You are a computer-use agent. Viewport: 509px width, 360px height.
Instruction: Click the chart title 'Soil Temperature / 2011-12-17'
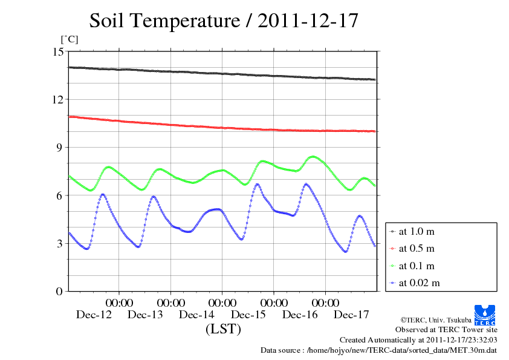[224, 21]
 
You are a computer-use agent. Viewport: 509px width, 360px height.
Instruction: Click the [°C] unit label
[70, 39]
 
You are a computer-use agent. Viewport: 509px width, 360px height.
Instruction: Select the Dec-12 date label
[94, 315]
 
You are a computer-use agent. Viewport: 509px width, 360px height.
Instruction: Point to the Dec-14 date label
[196, 315]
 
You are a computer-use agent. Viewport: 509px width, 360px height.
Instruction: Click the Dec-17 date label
[351, 315]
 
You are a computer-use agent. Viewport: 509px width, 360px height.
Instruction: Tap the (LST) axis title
[223, 330]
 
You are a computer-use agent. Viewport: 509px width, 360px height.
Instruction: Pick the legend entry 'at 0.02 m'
[418, 283]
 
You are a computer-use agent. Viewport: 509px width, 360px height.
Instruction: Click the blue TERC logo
[486, 313]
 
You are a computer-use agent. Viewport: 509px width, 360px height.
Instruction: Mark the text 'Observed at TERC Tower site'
[446, 330]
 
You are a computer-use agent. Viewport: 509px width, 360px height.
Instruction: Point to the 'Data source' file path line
[378, 350]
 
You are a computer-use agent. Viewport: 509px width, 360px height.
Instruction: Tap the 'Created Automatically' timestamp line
[418, 340]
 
